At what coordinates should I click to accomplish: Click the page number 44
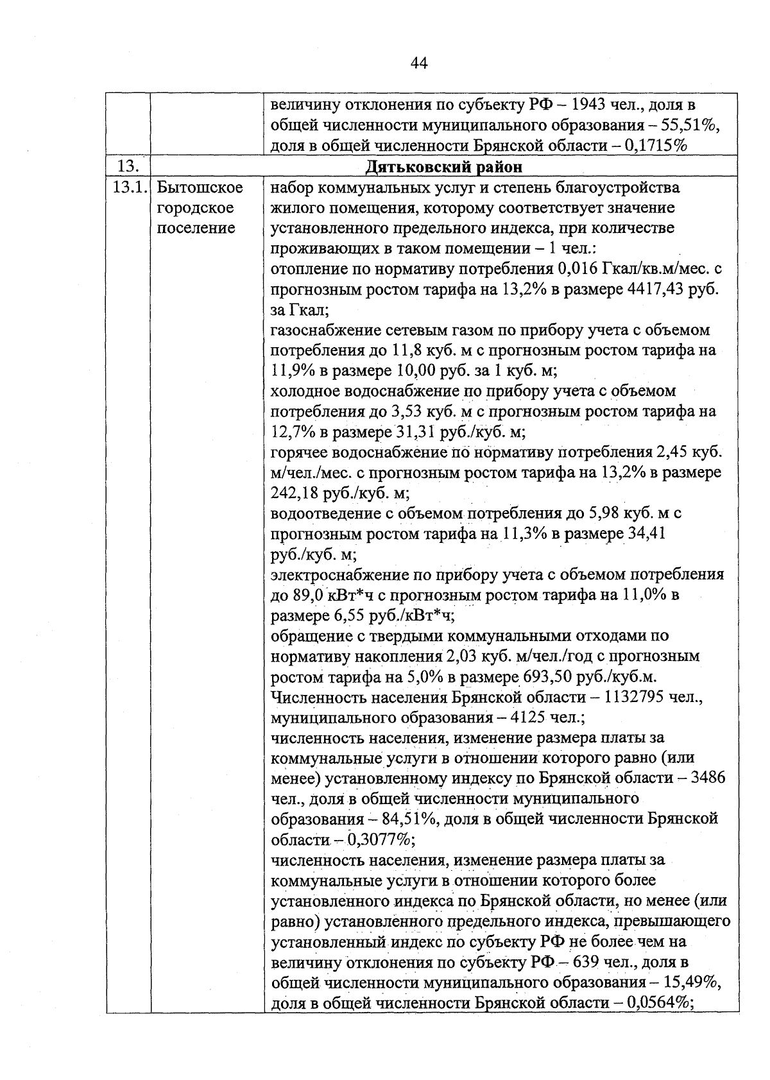coord(417,62)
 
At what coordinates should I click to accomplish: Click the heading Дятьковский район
coord(443,167)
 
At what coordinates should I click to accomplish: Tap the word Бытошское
coord(200,188)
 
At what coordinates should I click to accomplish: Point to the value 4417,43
coord(651,289)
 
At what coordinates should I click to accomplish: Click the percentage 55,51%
coord(692,125)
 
